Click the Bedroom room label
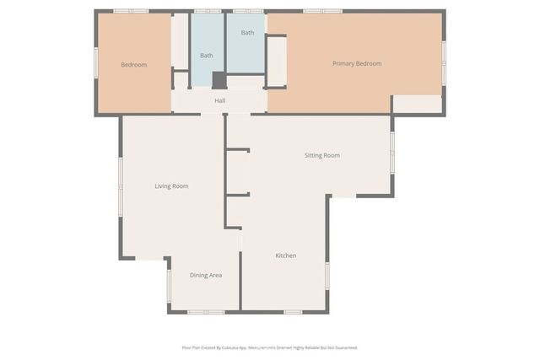click(134, 65)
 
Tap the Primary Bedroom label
click(357, 64)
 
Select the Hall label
click(219, 101)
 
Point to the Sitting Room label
click(322, 155)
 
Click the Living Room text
click(171, 185)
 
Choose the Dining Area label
click(205, 275)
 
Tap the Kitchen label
click(285, 255)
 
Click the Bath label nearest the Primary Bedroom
click(247, 33)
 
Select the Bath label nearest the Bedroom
click(206, 56)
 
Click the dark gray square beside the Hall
click(219, 80)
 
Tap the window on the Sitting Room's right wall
click(392, 151)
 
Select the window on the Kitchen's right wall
click(327, 276)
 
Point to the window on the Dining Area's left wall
click(169, 285)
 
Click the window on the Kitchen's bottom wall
click(293, 312)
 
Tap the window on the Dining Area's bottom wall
click(205, 312)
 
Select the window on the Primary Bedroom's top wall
click(322, 11)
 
